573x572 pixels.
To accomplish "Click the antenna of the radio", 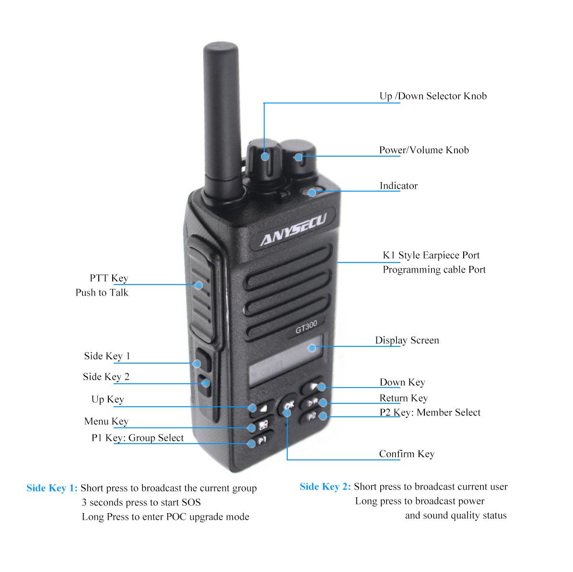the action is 222,120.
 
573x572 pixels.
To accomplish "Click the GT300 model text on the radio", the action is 306,327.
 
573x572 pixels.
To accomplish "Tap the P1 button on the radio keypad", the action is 262,440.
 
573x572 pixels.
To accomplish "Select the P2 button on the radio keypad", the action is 311,416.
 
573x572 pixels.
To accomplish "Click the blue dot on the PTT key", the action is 199,285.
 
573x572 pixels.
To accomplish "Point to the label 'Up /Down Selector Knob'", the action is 433,96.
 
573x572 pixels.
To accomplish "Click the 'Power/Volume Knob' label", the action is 424,150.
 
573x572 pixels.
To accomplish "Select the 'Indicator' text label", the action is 398,186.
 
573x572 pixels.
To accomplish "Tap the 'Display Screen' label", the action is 407,340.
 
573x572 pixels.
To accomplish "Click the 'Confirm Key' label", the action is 407,454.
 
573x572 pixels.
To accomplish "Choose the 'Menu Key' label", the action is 106,421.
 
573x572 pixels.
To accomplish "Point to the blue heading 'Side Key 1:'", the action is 52,488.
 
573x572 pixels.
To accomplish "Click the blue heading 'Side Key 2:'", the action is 325,487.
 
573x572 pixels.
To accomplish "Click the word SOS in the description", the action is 191,502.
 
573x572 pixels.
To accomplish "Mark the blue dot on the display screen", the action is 312,348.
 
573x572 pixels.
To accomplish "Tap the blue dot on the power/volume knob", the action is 299,157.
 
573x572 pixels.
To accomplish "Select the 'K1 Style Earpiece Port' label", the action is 431,255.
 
